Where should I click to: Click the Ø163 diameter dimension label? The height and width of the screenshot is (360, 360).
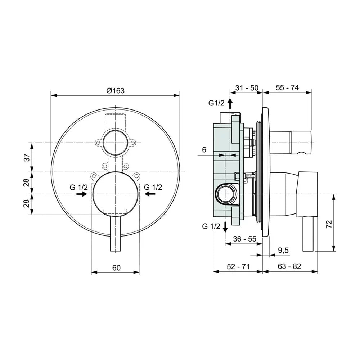pyautogui.click(x=116, y=91)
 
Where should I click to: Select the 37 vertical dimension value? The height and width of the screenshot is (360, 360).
pyautogui.click(x=27, y=158)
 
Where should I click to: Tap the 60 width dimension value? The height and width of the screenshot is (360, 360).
pyautogui.click(x=116, y=268)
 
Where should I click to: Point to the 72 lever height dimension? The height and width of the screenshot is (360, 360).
pyautogui.click(x=329, y=224)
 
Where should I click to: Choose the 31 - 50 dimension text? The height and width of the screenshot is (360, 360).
pyautogui.click(x=247, y=88)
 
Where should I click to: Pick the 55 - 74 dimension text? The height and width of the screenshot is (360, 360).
pyautogui.click(x=287, y=87)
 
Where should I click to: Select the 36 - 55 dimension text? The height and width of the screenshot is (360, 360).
pyautogui.click(x=244, y=239)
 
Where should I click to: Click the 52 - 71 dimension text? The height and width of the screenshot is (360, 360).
pyautogui.click(x=238, y=266)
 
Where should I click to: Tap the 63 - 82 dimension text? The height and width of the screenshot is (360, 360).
pyautogui.click(x=289, y=266)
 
